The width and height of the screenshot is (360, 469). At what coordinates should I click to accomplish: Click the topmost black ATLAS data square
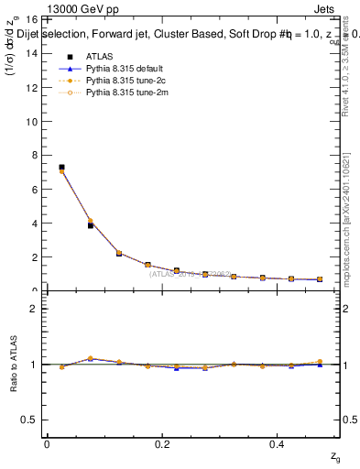tap(61, 168)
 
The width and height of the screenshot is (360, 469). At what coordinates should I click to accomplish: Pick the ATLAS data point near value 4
tap(90, 224)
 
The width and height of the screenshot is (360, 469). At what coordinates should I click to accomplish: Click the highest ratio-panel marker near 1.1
tap(90, 358)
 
